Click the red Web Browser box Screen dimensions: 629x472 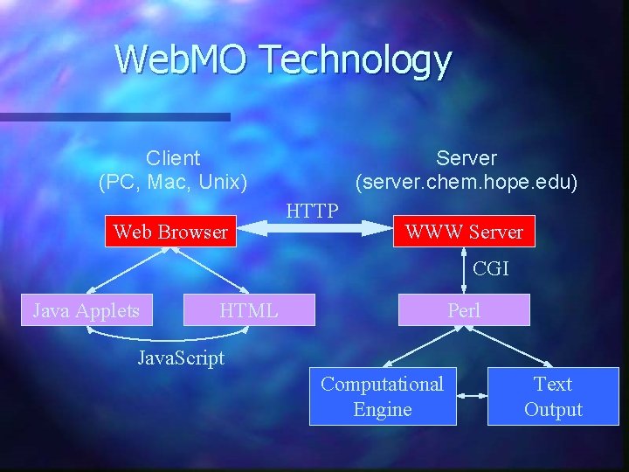pos(170,232)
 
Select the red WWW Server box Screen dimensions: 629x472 pos(464,232)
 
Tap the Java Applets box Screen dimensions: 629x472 pos(86,310)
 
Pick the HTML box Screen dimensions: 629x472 pos(249,310)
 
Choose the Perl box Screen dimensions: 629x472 pos(464,310)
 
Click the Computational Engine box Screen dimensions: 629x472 pos(383,397)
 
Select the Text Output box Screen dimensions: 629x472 pos(553,397)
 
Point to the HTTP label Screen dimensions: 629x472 pos(312,211)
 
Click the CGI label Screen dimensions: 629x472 pos(490,269)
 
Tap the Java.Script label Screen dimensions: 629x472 pos(181,357)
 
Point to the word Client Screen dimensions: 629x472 pos(173,158)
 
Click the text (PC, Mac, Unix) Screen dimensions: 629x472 pos(173,183)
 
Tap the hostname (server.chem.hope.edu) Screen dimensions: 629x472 pos(466,183)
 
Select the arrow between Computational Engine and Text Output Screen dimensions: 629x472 pos(472,396)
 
